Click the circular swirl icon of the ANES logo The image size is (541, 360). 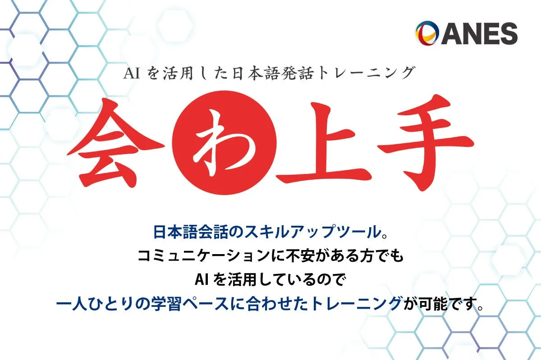[427, 33]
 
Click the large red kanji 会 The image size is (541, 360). [116, 143]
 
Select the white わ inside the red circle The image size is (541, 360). [224, 142]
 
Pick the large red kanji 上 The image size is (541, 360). [324, 142]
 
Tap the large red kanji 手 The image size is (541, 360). [426, 142]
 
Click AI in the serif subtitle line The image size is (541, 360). [132, 73]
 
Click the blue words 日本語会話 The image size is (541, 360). [191, 232]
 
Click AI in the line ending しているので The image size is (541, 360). [201, 280]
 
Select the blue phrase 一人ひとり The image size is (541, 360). [96, 303]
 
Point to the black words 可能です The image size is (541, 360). [449, 304]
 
